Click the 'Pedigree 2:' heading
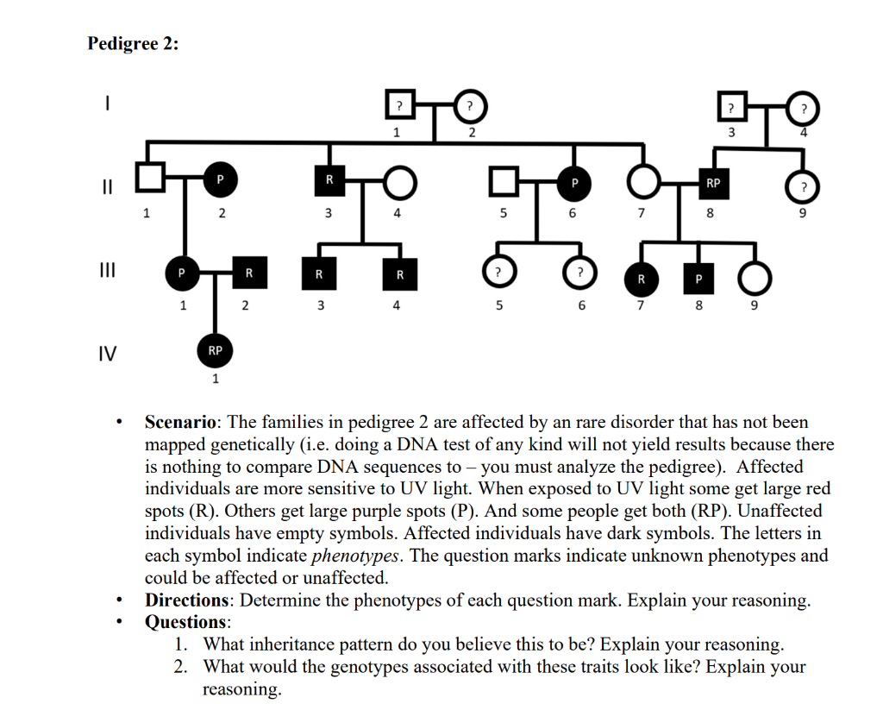133,44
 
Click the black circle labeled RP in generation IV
216,350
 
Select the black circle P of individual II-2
220,179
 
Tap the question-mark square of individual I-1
398,106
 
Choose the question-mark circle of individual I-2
470,106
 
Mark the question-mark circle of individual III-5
498,273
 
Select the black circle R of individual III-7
641,279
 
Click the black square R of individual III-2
248,273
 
